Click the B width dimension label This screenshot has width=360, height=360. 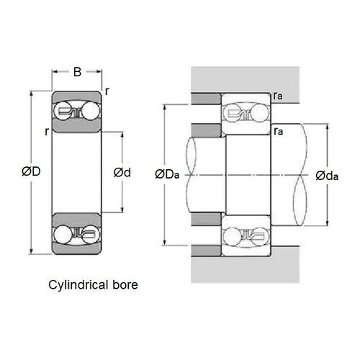(x=76, y=72)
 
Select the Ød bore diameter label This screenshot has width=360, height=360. (x=122, y=172)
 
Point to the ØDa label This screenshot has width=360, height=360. (x=166, y=174)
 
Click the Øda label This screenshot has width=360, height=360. (x=328, y=174)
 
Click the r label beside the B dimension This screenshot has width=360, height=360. (x=107, y=91)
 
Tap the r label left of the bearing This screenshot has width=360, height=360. (x=45, y=131)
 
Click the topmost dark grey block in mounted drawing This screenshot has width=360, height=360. (x=206, y=99)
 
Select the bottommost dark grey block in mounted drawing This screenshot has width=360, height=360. (x=206, y=250)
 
